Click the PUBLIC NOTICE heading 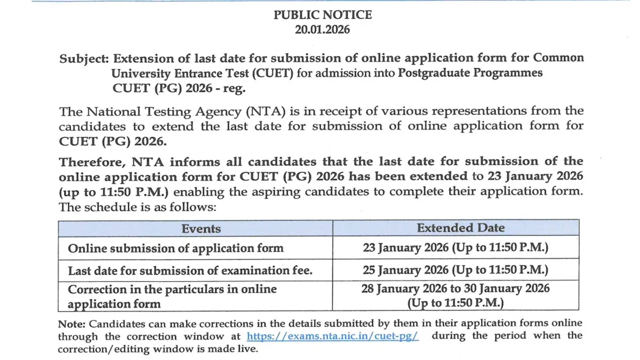pos(323,15)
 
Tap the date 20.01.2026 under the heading pos(323,30)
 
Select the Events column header pos(201,229)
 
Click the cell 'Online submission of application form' pos(176,248)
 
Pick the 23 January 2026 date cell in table pos(455,248)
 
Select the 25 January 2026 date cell pos(455,270)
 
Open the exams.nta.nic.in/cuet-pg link pos(333,337)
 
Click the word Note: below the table pos(71,323)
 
